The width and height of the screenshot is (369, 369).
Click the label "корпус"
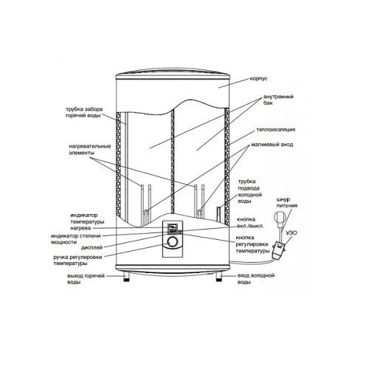(258, 79)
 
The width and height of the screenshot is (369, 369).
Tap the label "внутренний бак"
(278, 100)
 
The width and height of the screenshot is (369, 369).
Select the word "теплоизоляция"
(276, 130)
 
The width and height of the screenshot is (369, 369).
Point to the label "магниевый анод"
(272, 145)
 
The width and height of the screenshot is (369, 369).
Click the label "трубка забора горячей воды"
(84, 112)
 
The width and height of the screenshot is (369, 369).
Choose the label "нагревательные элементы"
(89, 150)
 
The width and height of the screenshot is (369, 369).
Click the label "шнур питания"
(287, 202)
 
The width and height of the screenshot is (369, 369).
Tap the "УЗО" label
(292, 232)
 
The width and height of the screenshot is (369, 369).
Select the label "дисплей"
(92, 247)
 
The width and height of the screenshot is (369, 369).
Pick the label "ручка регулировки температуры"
(77, 261)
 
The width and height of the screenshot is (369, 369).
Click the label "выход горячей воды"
(86, 279)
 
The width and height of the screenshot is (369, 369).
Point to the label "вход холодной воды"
(256, 279)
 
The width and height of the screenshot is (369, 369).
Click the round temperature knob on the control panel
(173, 242)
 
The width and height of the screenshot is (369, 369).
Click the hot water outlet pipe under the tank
(126, 276)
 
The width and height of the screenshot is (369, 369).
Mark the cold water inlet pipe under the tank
(218, 276)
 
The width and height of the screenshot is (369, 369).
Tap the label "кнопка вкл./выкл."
(250, 223)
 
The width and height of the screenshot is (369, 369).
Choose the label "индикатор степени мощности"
(76, 239)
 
